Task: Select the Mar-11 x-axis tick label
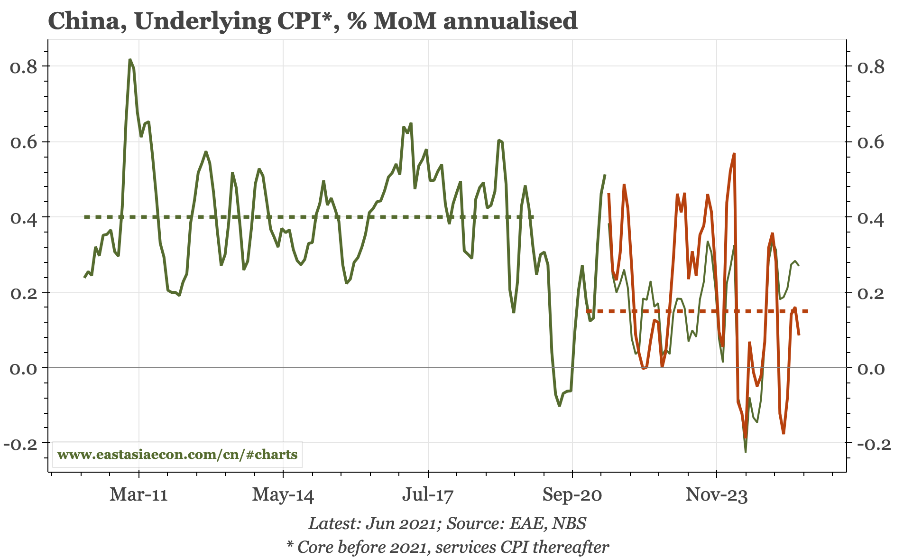point(138,495)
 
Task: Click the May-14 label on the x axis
point(283,495)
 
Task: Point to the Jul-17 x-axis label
point(428,495)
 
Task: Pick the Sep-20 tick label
point(572,495)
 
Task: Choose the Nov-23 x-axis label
point(717,495)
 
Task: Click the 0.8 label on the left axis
point(23,66)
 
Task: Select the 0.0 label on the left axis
point(23,368)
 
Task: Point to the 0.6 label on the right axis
point(871,142)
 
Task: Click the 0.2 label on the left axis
point(23,293)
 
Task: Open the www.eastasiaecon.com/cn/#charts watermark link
point(177,455)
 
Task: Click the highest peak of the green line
point(130,60)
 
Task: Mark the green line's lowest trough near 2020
point(560,406)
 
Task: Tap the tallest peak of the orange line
point(734,154)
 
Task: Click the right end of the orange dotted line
point(807,311)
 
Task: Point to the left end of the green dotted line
point(85,217)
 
